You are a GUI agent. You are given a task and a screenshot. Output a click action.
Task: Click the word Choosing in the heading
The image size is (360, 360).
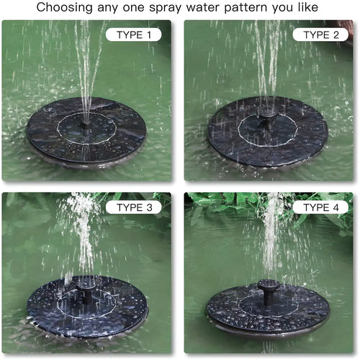point(65,9)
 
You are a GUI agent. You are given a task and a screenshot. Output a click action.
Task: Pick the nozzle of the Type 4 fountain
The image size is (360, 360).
point(268,291)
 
